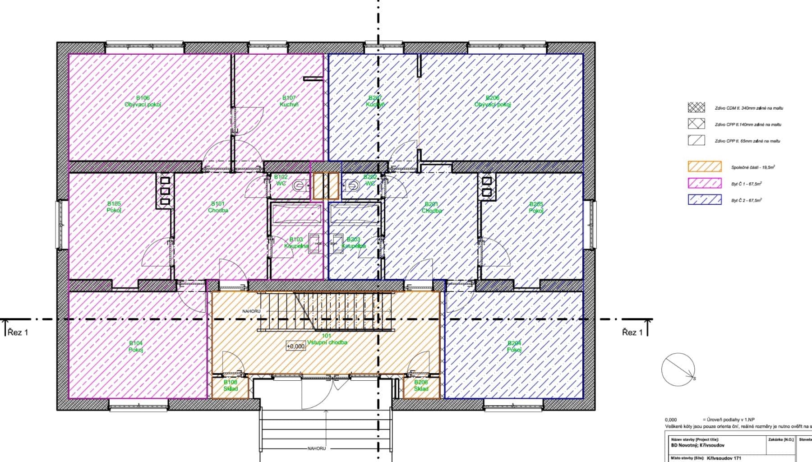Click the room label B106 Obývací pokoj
[x=143, y=101]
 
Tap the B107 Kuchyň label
[x=289, y=101]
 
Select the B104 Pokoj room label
[x=136, y=346]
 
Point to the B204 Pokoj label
[x=514, y=346]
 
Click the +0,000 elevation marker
[x=295, y=346]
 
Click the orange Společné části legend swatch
[x=704, y=166]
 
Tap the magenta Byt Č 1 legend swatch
[x=704, y=183]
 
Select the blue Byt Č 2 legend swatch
[x=704, y=199]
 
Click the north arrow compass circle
[x=678, y=370]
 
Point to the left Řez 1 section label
[x=18, y=333]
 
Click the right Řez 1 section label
[x=632, y=333]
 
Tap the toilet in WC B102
[x=299, y=185]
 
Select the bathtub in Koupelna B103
[x=296, y=214]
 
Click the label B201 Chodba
[x=432, y=208]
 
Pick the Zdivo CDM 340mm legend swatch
[x=696, y=107]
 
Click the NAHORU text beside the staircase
[x=251, y=311]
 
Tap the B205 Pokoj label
[x=536, y=208]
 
